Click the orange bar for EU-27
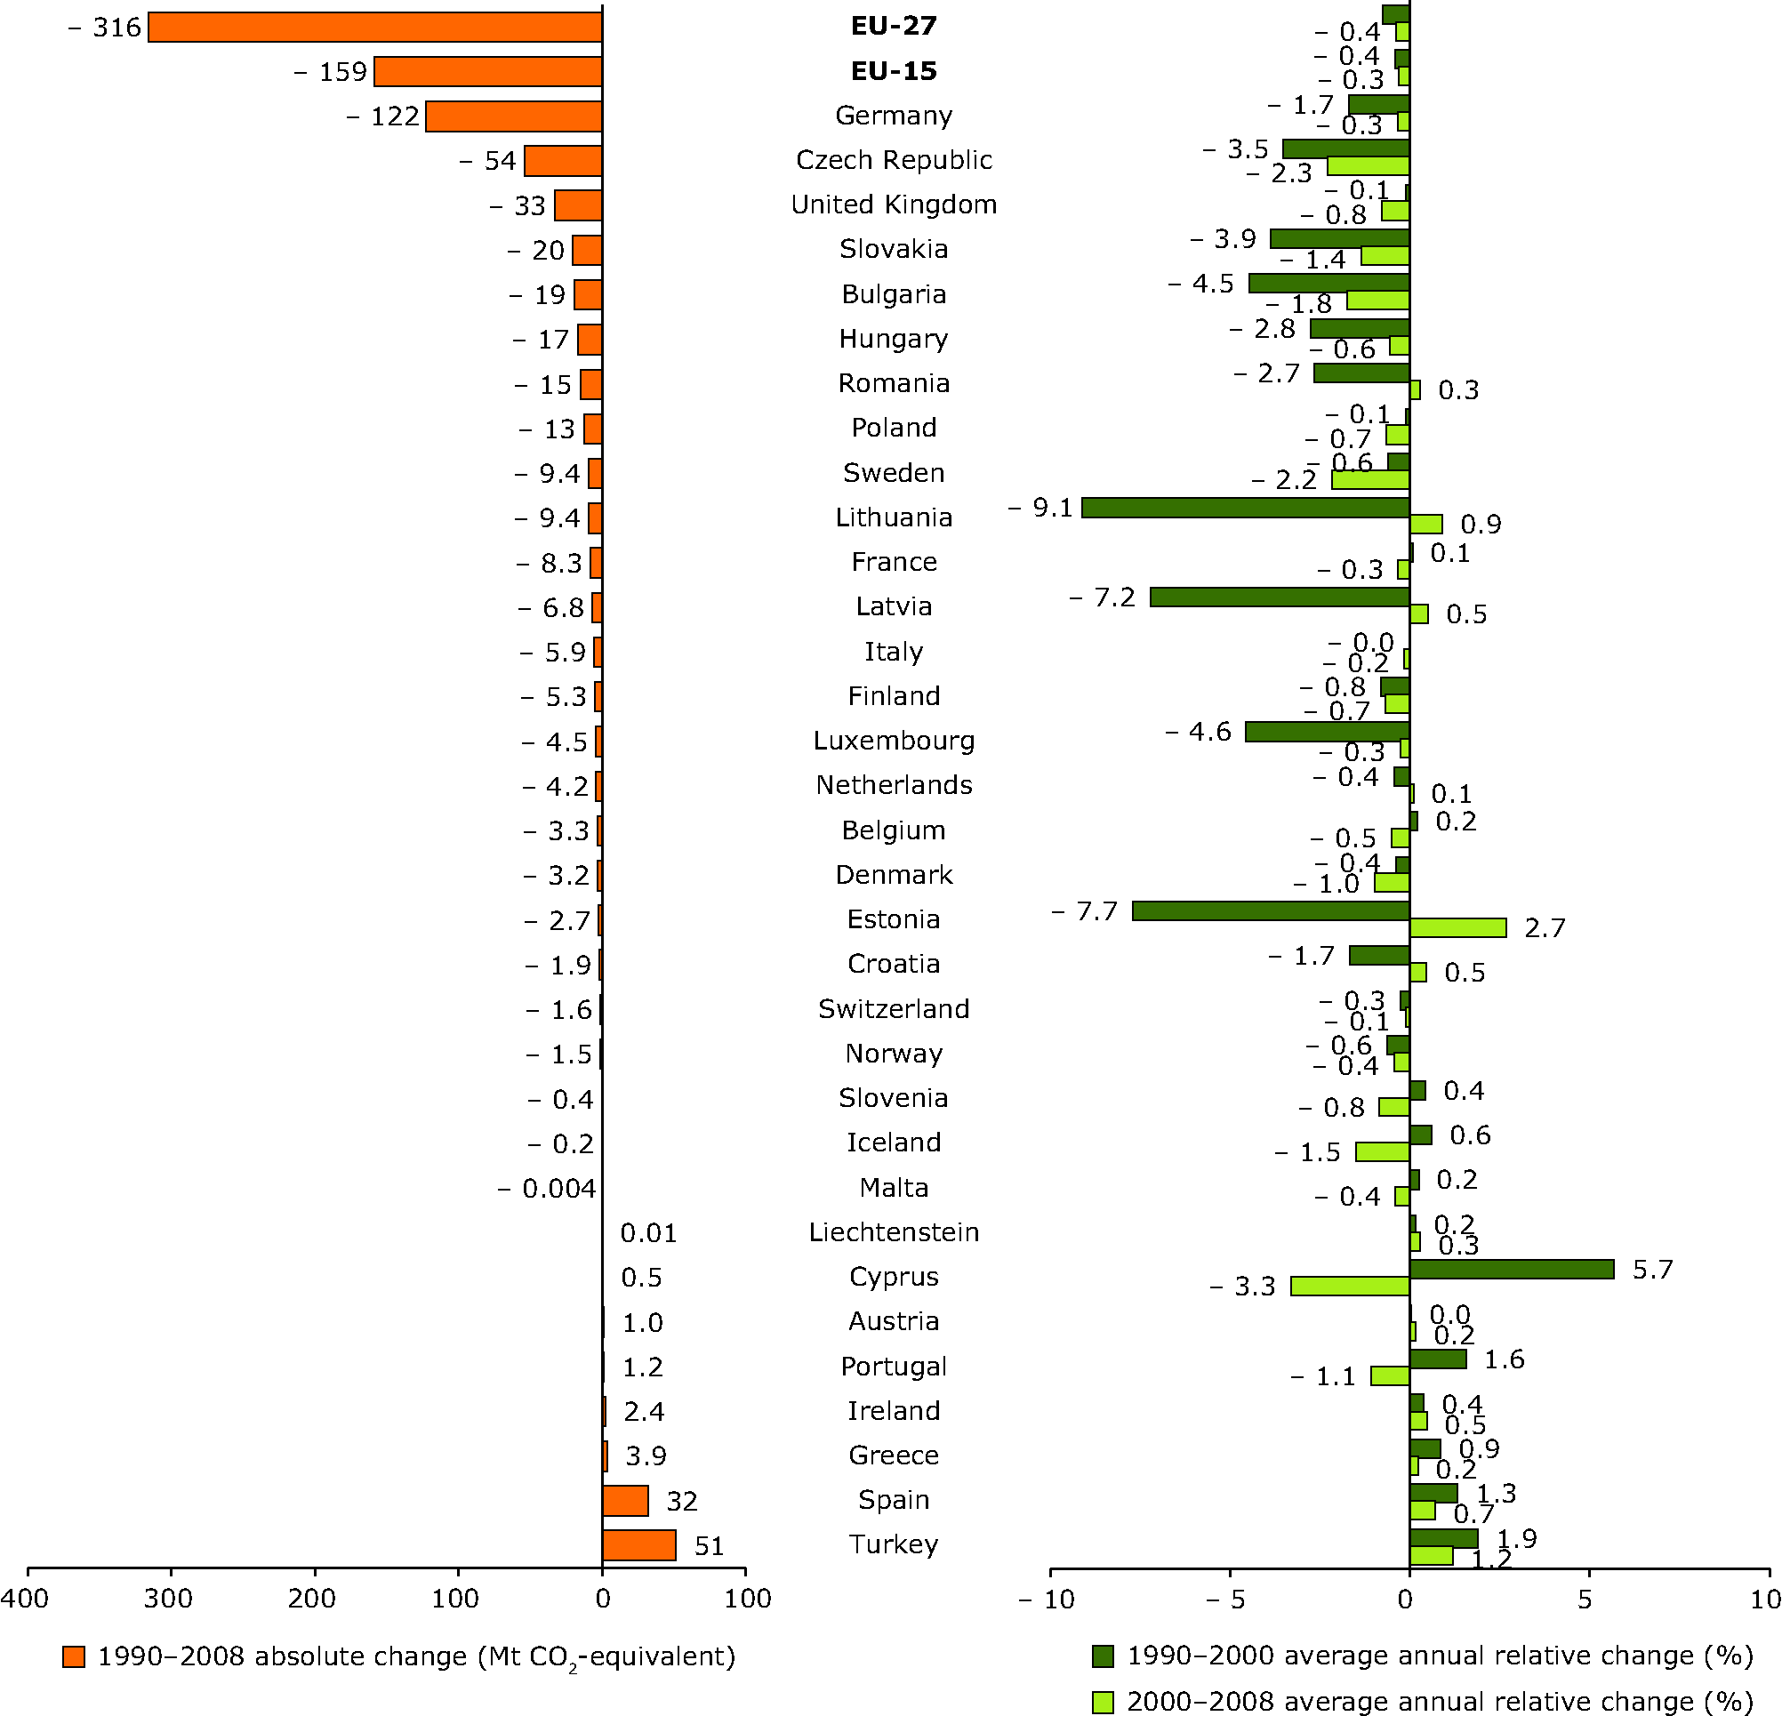click(374, 28)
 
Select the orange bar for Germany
click(514, 116)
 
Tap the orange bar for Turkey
click(638, 1545)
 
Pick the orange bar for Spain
click(624, 1501)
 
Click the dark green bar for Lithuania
click(1246, 507)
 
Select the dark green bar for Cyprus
click(1511, 1269)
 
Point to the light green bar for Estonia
click(1457, 927)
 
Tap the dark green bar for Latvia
click(1280, 597)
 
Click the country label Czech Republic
click(894, 160)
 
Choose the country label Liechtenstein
click(894, 1232)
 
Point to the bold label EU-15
click(894, 71)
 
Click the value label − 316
click(106, 28)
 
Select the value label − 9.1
click(1041, 507)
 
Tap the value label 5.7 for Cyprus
click(1652, 1269)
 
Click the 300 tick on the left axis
click(170, 1599)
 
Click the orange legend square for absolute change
click(74, 1656)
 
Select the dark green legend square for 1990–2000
click(1103, 1656)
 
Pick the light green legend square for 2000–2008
click(1103, 1701)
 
